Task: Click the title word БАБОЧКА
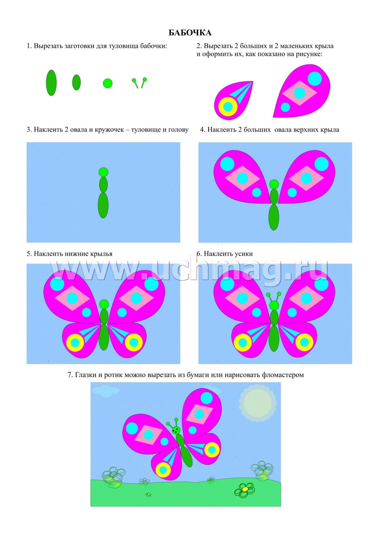pos(190,33)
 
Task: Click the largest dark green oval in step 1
pos(51,83)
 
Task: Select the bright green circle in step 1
pos(108,83)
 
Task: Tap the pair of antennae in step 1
pos(139,83)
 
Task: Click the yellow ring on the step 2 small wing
pos(228,107)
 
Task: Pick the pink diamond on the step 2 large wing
pos(299,93)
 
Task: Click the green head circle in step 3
pos(103,172)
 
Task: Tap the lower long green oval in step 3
pos(103,205)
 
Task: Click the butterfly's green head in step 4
pos(274,184)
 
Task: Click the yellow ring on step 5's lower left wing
pos(75,343)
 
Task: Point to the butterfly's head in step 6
pos(274,305)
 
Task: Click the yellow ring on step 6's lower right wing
pos(305,342)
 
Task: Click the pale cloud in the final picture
pos(105,391)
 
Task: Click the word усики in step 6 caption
pos(243,254)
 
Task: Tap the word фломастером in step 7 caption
pos(283,375)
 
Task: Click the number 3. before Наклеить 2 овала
pos(29,130)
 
